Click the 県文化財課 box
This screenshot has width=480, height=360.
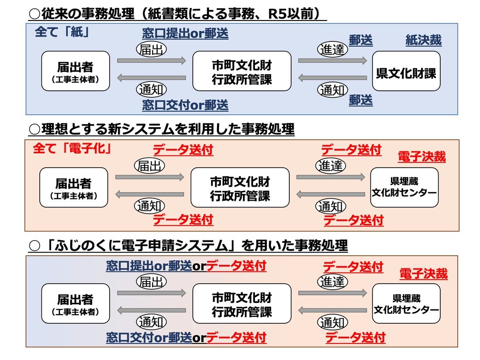pyautogui.click(x=406, y=71)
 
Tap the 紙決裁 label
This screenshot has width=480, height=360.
pyautogui.click(x=424, y=40)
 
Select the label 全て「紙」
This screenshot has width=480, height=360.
pyautogui.click(x=62, y=31)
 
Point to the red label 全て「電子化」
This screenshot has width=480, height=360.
pyautogui.click(x=72, y=149)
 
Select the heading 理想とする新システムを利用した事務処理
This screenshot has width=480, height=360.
pyautogui.click(x=161, y=129)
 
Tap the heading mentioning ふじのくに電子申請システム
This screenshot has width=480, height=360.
pyautogui.click(x=188, y=246)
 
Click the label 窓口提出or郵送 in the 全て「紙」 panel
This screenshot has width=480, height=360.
pyautogui.click(x=185, y=33)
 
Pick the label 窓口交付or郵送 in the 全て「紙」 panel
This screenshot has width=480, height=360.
pyautogui.click(x=185, y=105)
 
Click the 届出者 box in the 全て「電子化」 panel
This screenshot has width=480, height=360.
pyautogui.click(x=74, y=187)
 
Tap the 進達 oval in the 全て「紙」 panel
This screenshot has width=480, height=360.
pyautogui.click(x=333, y=49)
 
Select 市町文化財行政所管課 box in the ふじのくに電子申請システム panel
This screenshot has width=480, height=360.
pyautogui.click(x=242, y=303)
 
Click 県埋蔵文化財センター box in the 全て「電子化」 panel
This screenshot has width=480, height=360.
pyautogui.click(x=405, y=187)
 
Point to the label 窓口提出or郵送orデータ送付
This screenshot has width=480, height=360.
pyautogui.click(x=186, y=266)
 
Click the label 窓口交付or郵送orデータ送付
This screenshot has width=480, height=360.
pyautogui.click(x=186, y=337)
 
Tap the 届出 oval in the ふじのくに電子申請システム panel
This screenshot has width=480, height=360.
pyautogui.click(x=151, y=281)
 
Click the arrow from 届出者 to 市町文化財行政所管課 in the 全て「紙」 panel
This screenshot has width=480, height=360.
pyautogui.click(x=151, y=60)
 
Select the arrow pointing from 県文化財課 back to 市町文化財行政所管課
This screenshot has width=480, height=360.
pyautogui.click(x=333, y=78)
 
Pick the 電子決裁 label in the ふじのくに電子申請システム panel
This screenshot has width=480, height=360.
pyautogui.click(x=424, y=274)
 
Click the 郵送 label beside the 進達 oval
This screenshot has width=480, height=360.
pyautogui.click(x=361, y=40)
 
